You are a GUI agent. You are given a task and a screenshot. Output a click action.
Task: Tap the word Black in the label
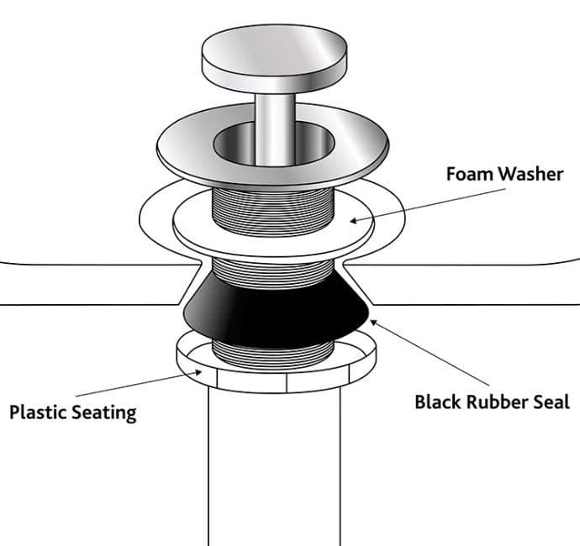(x=438, y=402)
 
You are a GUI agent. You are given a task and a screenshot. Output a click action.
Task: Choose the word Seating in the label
(x=104, y=413)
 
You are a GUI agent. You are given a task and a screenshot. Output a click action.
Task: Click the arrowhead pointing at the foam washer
(x=353, y=221)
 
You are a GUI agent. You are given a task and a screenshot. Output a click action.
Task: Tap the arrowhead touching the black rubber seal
(x=373, y=323)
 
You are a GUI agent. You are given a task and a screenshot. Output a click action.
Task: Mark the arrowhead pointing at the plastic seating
(x=198, y=373)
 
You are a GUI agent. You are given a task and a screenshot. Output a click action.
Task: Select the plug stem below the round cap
(x=275, y=129)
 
